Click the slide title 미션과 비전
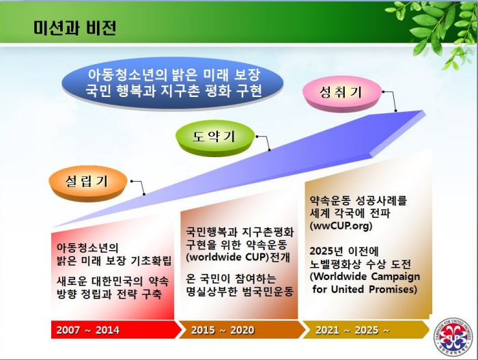pyautogui.click(x=74, y=28)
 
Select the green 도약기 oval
pyautogui.click(x=215, y=138)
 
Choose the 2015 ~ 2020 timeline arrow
pyautogui.click(x=242, y=329)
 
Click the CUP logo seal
pyautogui.click(x=453, y=337)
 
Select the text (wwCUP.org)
pyautogui.click(x=341, y=225)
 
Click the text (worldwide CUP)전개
pyautogui.click(x=238, y=257)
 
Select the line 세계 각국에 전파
pyautogui.click(x=350, y=213)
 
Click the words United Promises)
pyautogui.click(x=374, y=288)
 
